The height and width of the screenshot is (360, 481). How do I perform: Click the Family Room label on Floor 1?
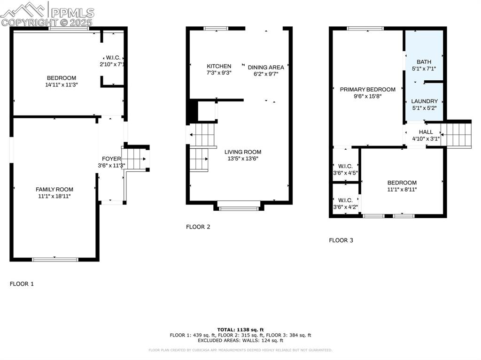coord(54,190)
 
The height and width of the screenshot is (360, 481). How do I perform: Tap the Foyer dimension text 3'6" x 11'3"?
coord(111,165)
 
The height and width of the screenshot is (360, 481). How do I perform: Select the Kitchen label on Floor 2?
coord(219,66)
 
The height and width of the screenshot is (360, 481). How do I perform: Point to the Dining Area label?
coord(266,67)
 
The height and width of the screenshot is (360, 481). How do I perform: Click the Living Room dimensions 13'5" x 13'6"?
coord(242,159)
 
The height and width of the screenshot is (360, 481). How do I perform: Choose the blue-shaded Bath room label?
coord(424,61)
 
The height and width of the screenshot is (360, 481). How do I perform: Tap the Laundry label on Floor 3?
coord(424,101)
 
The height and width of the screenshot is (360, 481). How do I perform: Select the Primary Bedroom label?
coord(368,89)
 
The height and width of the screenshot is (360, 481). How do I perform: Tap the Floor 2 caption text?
coord(198,227)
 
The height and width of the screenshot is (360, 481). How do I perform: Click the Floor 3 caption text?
coord(341,240)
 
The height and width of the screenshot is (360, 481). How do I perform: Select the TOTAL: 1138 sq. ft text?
coord(240,329)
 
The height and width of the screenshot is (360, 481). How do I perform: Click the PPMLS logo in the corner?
coord(47,14)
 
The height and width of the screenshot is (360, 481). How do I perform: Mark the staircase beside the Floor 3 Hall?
coord(456,134)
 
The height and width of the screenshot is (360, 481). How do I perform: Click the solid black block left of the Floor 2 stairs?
coord(192,112)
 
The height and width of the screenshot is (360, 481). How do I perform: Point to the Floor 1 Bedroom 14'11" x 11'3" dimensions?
coord(61,85)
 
